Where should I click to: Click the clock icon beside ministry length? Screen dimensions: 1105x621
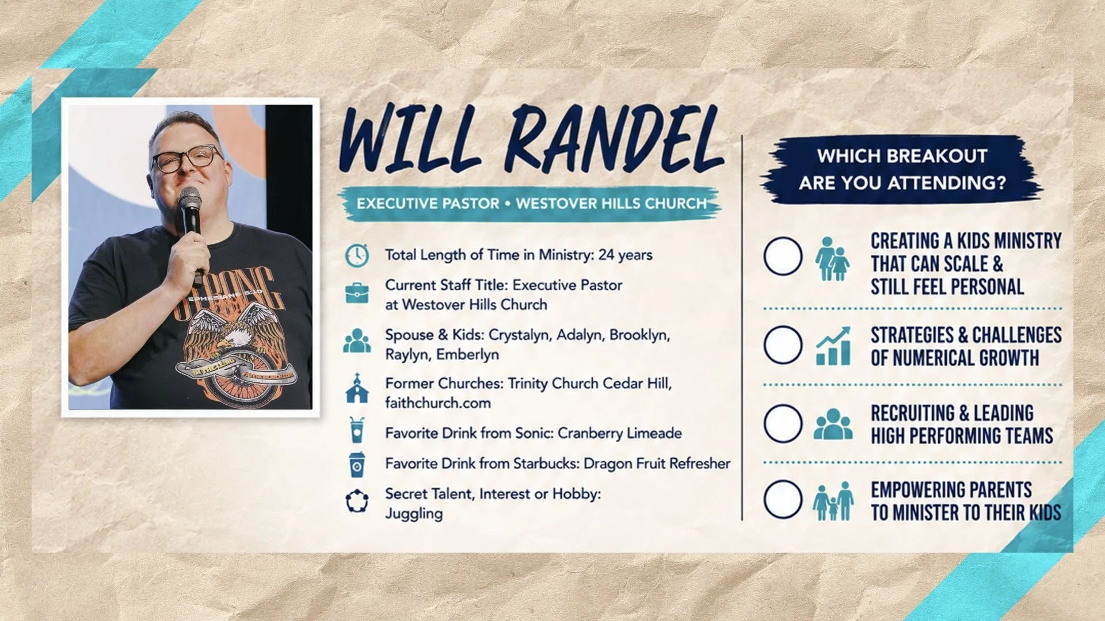click(357, 255)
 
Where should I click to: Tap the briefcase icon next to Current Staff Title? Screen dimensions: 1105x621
click(357, 293)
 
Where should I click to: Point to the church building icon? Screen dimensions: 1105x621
click(357, 388)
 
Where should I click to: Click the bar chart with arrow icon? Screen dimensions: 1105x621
click(833, 346)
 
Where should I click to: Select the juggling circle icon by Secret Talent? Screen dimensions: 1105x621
click(357, 501)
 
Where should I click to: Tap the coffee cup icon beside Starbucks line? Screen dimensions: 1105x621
click(357, 464)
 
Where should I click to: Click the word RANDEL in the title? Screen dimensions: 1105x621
click(614, 140)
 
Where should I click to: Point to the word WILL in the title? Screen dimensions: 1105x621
click(409, 140)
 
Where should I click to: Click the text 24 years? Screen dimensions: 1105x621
click(625, 255)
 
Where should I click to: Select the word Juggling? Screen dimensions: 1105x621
click(414, 513)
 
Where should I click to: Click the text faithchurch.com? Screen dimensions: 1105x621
click(438, 403)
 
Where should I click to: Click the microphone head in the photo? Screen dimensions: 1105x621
click(189, 199)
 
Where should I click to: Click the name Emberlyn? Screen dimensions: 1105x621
click(467, 355)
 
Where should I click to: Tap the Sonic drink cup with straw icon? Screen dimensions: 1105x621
click(357, 430)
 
